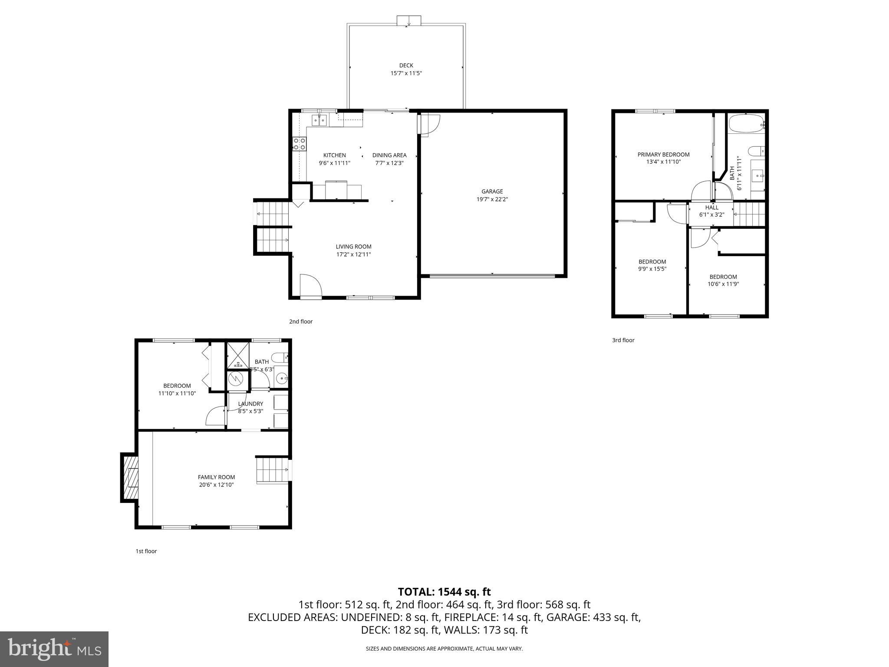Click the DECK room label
pyautogui.click(x=406, y=66)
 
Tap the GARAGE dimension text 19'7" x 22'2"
pyautogui.click(x=492, y=199)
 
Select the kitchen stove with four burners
pyautogui.click(x=299, y=144)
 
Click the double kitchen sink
pyautogui.click(x=319, y=119)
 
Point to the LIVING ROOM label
pyautogui.click(x=353, y=247)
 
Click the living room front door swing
pyautogui.click(x=310, y=287)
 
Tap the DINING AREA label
pyautogui.click(x=389, y=155)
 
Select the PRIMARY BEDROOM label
pyautogui.click(x=663, y=155)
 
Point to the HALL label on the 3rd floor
pyautogui.click(x=711, y=208)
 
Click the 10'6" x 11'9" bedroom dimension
pyautogui.click(x=723, y=284)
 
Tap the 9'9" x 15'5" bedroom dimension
pyautogui.click(x=652, y=269)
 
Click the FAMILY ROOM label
pyautogui.click(x=216, y=477)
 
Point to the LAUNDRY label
pyautogui.click(x=250, y=404)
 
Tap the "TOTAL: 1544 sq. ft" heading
pyautogui.click(x=444, y=591)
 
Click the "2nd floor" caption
pyautogui.click(x=301, y=322)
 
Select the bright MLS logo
pyautogui.click(x=54, y=649)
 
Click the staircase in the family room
pyautogui.click(x=272, y=470)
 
